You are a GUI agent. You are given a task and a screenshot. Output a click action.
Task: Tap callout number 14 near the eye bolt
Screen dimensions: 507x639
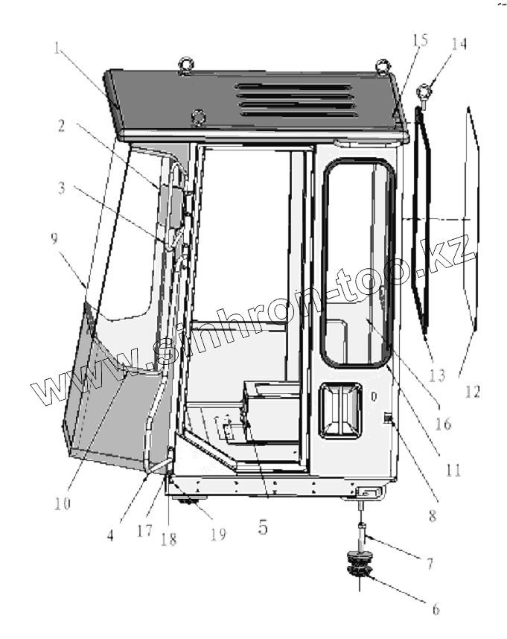click(x=459, y=44)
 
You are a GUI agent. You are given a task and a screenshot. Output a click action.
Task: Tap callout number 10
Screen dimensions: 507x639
click(x=63, y=503)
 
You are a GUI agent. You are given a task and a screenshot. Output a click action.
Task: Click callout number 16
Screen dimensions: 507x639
click(x=443, y=425)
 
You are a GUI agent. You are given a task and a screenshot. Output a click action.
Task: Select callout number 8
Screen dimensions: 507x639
click(x=432, y=513)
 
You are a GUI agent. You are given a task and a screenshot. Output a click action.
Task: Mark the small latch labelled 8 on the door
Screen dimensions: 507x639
click(x=388, y=422)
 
